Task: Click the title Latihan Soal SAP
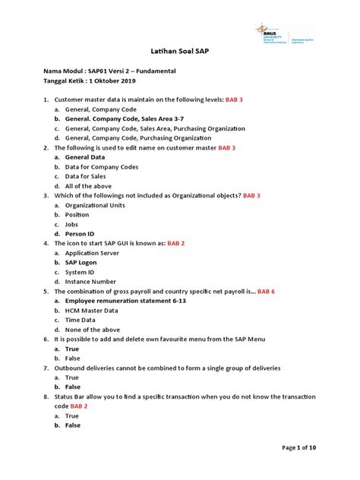pos(180,55)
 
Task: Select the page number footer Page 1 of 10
pos(298,448)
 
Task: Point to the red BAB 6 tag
pos(266,291)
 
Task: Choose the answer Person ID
pos(81,234)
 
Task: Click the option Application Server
pos(92,253)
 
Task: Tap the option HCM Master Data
pos(92,310)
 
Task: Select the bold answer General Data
pos(85,157)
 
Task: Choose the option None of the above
pos(93,330)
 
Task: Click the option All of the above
pos(88,186)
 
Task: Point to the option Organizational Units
pos(94,205)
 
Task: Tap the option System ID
pos(81,272)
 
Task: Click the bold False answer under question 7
pos(73,387)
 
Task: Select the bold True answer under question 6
pos(72,349)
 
